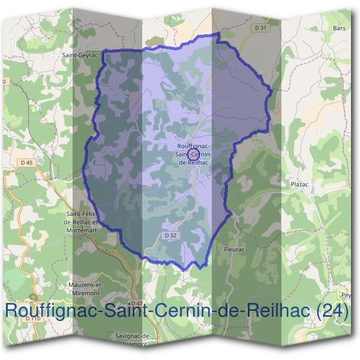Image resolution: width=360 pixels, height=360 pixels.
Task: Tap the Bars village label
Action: tap(340, 28)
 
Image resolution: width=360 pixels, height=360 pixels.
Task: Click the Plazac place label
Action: tap(299, 185)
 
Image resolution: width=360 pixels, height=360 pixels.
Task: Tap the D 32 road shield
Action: tap(170, 236)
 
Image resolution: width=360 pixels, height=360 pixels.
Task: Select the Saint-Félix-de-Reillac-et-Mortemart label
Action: tap(85, 221)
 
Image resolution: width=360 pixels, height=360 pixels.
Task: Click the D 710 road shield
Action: tap(33, 318)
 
